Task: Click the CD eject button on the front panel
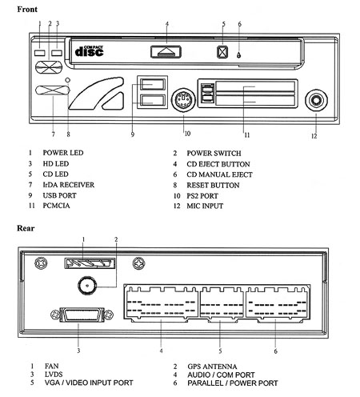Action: point(166,52)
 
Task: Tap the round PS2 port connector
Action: point(183,100)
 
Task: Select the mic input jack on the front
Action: point(316,101)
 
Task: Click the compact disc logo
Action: point(89,51)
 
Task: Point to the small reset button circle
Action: point(68,80)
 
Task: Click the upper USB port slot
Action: point(153,85)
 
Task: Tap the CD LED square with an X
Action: point(222,52)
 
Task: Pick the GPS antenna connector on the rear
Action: point(87,286)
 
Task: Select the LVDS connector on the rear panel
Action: point(82,315)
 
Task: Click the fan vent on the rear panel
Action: point(90,263)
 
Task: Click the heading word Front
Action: point(27,10)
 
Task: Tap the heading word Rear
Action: point(26,228)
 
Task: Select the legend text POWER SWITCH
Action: point(214,154)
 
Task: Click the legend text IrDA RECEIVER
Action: point(69,185)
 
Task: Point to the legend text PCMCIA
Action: point(56,206)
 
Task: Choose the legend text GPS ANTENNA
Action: point(212,367)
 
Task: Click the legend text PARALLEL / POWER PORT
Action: point(233,383)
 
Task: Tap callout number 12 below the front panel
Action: point(314,136)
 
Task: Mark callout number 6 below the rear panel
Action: point(275,351)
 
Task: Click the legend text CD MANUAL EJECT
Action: point(219,174)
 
